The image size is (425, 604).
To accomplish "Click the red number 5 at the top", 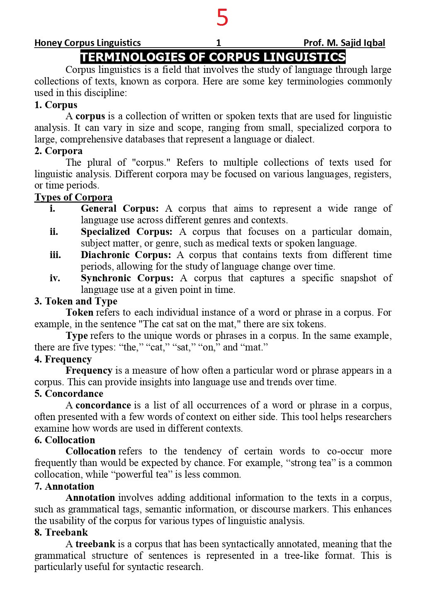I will [222, 18].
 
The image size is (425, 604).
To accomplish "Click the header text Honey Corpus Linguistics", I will [87, 43].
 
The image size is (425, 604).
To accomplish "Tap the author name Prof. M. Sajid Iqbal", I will [344, 43].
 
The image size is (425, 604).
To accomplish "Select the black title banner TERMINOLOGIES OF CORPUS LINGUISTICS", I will [213, 57].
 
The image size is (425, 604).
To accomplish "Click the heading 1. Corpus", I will [56, 105].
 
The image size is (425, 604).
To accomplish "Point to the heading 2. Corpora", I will [58, 151].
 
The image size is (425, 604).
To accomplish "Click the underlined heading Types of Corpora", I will [73, 197].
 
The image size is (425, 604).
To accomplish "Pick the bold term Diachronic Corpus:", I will [126, 255].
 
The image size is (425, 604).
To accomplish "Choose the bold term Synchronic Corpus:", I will [127, 278].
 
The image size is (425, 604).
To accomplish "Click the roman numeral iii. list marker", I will [55, 255].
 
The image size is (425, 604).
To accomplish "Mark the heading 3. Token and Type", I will [75, 301].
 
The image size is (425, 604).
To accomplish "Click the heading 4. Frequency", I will [63, 359].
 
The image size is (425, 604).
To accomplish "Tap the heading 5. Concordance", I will [68, 394].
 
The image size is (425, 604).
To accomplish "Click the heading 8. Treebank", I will [61, 532].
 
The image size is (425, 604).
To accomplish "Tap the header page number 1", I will [219, 43].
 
